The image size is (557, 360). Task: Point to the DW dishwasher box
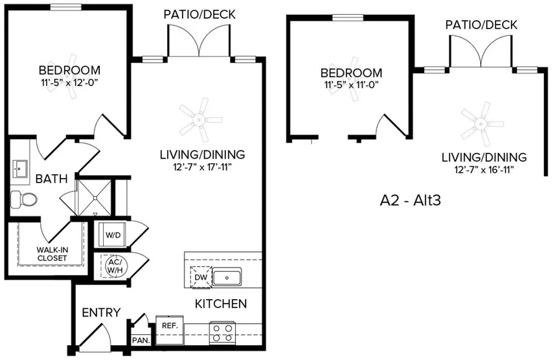point(199,277)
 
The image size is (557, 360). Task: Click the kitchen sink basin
point(227,277)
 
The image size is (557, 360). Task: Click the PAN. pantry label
point(141,340)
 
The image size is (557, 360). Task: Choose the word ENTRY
point(101,313)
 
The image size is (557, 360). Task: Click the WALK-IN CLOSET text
point(51,253)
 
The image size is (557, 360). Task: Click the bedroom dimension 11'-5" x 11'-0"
point(351,85)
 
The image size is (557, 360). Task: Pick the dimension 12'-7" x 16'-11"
point(483,170)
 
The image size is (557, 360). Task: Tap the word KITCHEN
point(221,304)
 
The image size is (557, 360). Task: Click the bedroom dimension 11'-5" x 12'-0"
point(69,82)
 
